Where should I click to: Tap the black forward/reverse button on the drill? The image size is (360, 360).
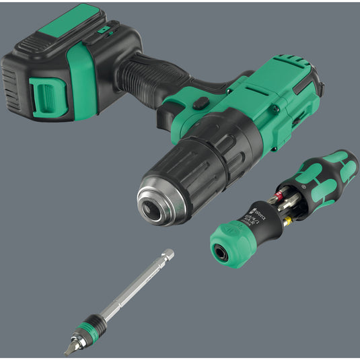click(x=199, y=104)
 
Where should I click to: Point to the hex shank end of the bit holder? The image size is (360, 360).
click(x=168, y=255)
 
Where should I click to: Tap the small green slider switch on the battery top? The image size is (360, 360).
click(x=103, y=30)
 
